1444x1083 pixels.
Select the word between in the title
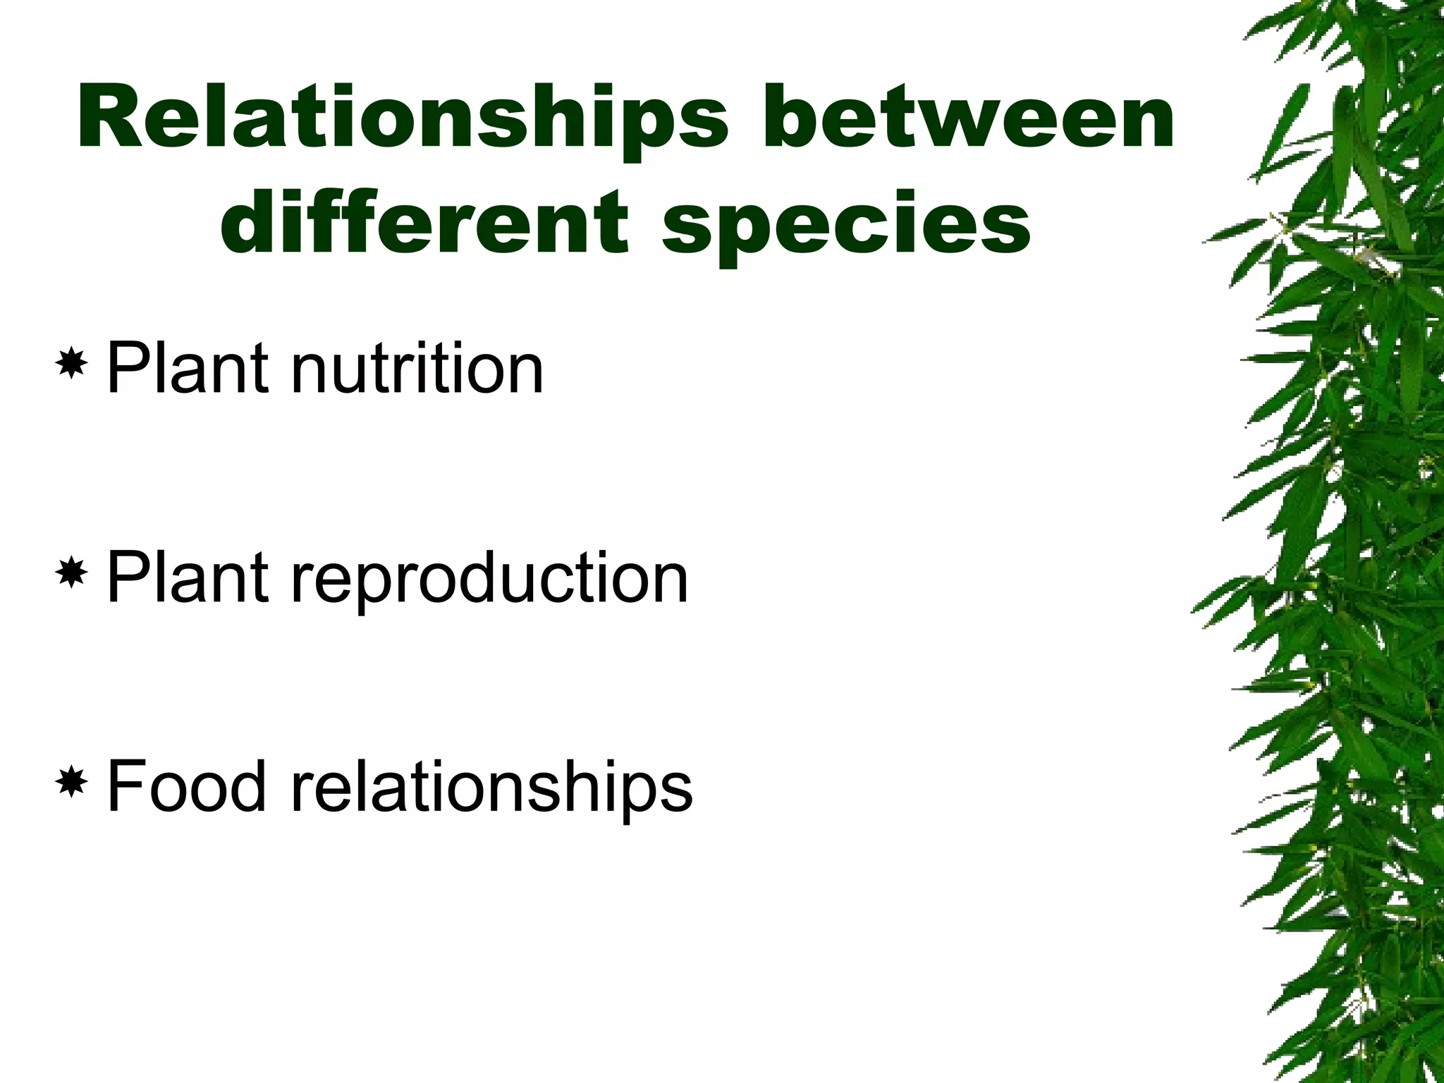[969, 117]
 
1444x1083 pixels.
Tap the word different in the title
[424, 223]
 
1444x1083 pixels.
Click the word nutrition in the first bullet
[417, 367]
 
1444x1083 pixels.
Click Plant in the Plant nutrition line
[187, 367]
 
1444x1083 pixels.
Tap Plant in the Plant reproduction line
[187, 577]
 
